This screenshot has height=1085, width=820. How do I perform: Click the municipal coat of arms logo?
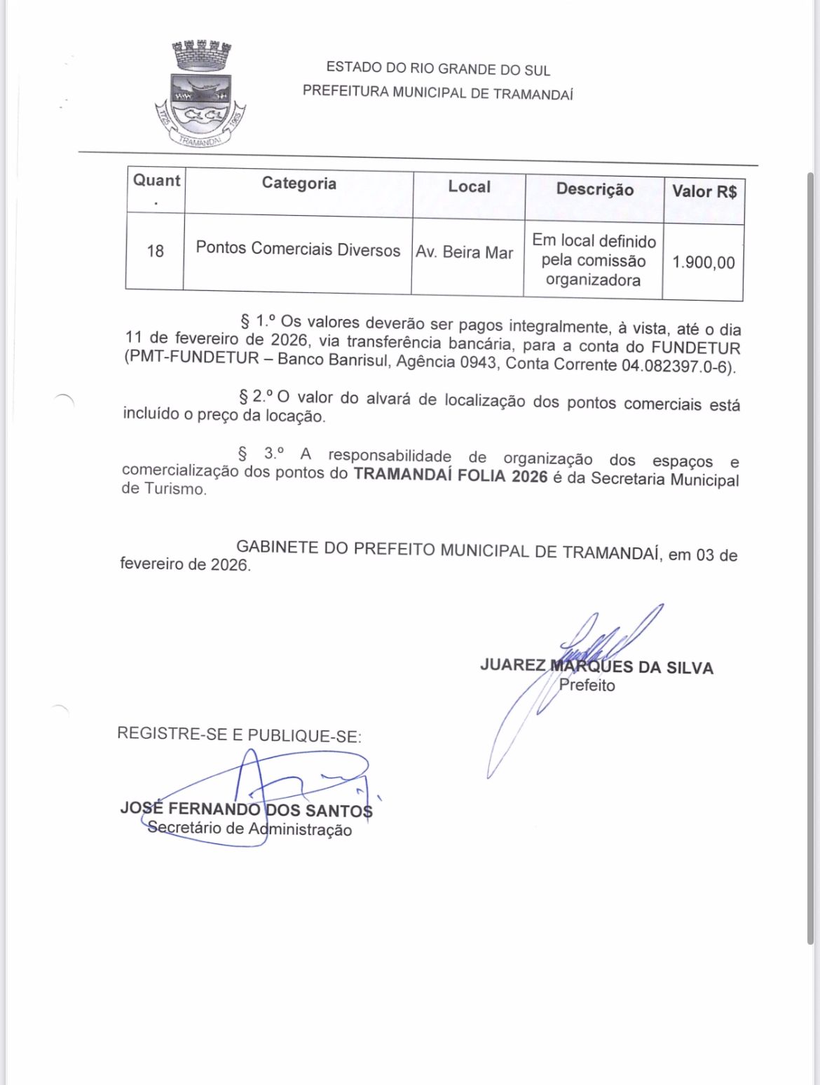tap(201, 95)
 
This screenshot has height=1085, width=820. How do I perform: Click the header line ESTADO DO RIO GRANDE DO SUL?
tap(438, 69)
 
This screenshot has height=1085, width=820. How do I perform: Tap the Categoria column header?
tap(299, 184)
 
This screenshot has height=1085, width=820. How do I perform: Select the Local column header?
tap(469, 187)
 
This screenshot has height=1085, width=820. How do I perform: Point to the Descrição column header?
tap(594, 189)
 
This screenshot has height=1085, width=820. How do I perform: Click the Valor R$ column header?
tap(704, 191)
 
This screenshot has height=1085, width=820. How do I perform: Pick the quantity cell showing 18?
tap(155, 251)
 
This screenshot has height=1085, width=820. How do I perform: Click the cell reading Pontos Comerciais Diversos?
tap(298, 250)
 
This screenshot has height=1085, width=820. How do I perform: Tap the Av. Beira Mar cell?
tap(465, 252)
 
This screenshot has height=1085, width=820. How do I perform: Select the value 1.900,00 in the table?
tap(704, 263)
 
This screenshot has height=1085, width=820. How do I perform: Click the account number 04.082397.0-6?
tap(678, 366)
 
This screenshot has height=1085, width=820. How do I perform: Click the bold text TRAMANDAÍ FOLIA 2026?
tap(450, 475)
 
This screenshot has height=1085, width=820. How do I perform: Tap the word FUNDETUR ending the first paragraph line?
tap(695, 348)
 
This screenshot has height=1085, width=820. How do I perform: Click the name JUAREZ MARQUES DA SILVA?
tap(596, 667)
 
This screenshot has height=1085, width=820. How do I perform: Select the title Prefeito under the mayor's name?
tap(587, 685)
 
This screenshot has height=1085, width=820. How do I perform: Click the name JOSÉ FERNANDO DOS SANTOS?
tap(246, 810)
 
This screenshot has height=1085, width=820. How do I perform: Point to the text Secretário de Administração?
tap(250, 828)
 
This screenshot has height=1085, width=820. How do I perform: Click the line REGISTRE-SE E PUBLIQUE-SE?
tap(239, 735)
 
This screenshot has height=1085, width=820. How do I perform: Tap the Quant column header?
tap(156, 181)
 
